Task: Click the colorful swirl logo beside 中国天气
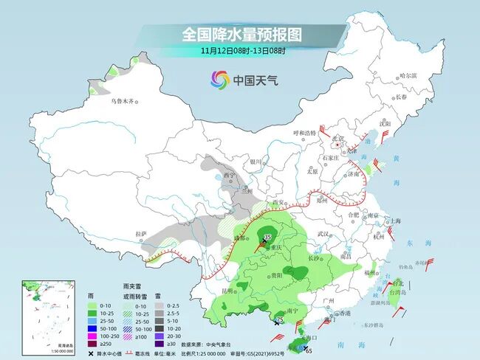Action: [219, 79]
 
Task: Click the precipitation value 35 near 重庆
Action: [268, 235]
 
